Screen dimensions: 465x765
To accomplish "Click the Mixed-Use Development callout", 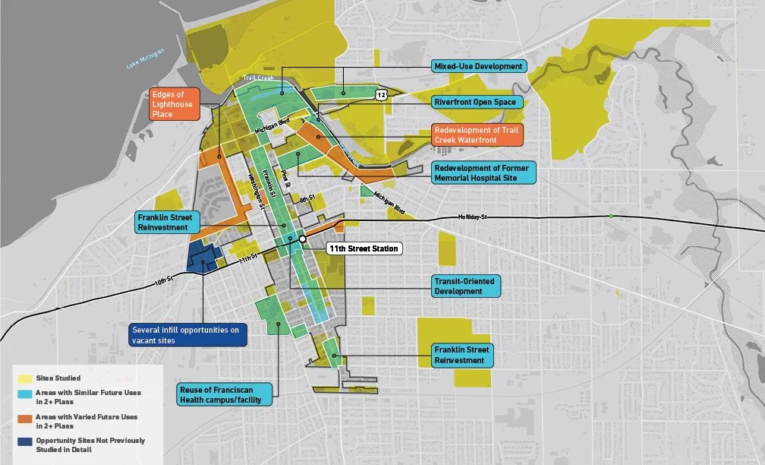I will [x=478, y=66].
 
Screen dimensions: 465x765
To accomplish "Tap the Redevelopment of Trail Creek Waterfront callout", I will [x=478, y=134].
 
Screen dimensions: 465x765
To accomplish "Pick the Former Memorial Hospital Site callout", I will [x=483, y=172].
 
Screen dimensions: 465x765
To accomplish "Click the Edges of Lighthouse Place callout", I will [x=175, y=104].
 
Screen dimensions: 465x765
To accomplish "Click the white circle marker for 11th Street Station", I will [x=302, y=239].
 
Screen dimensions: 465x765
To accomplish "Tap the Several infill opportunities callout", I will [x=187, y=335].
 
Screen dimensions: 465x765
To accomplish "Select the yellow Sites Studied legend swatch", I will [x=25, y=378].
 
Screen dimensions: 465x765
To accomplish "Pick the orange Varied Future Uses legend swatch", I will [x=25, y=420].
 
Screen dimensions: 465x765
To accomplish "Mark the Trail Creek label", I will [x=252, y=78].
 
